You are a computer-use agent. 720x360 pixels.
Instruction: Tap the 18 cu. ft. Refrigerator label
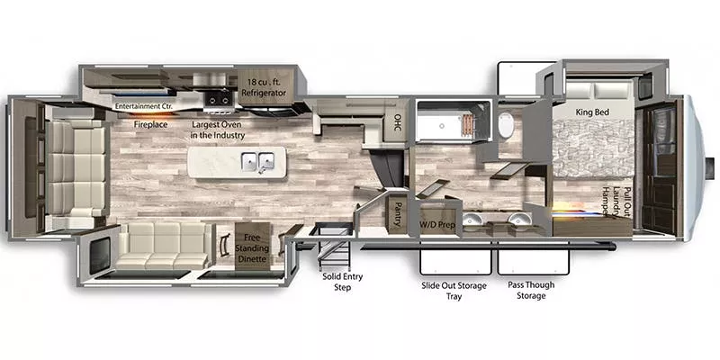pyautogui.click(x=266, y=87)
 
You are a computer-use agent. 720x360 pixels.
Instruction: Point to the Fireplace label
pyautogui.click(x=150, y=125)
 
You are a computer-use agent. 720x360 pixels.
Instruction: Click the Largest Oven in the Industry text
pyautogui.click(x=218, y=130)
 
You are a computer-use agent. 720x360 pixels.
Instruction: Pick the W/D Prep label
pyautogui.click(x=438, y=223)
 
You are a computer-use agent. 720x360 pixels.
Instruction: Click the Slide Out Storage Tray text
pyautogui.click(x=454, y=290)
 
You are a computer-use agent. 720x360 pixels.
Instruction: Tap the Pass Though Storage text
pyautogui.click(x=531, y=290)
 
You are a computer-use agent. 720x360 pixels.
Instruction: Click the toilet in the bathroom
pyautogui.click(x=505, y=125)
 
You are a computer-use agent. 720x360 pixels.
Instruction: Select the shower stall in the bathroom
pyautogui.click(x=451, y=122)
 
